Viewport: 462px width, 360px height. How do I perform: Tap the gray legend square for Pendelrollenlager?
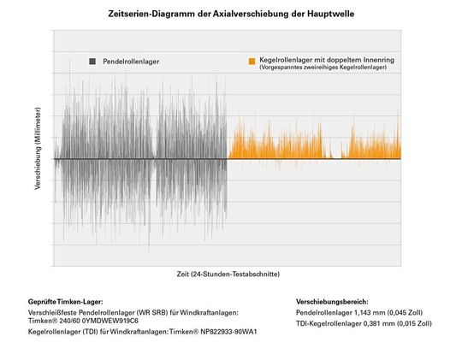(91, 62)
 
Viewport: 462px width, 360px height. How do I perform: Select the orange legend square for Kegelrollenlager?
(251, 62)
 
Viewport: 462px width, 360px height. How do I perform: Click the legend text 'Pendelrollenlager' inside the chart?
(130, 62)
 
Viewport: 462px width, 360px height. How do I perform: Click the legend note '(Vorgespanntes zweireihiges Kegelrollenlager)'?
(318, 68)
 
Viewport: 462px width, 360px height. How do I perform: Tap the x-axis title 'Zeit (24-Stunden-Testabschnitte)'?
(227, 274)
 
